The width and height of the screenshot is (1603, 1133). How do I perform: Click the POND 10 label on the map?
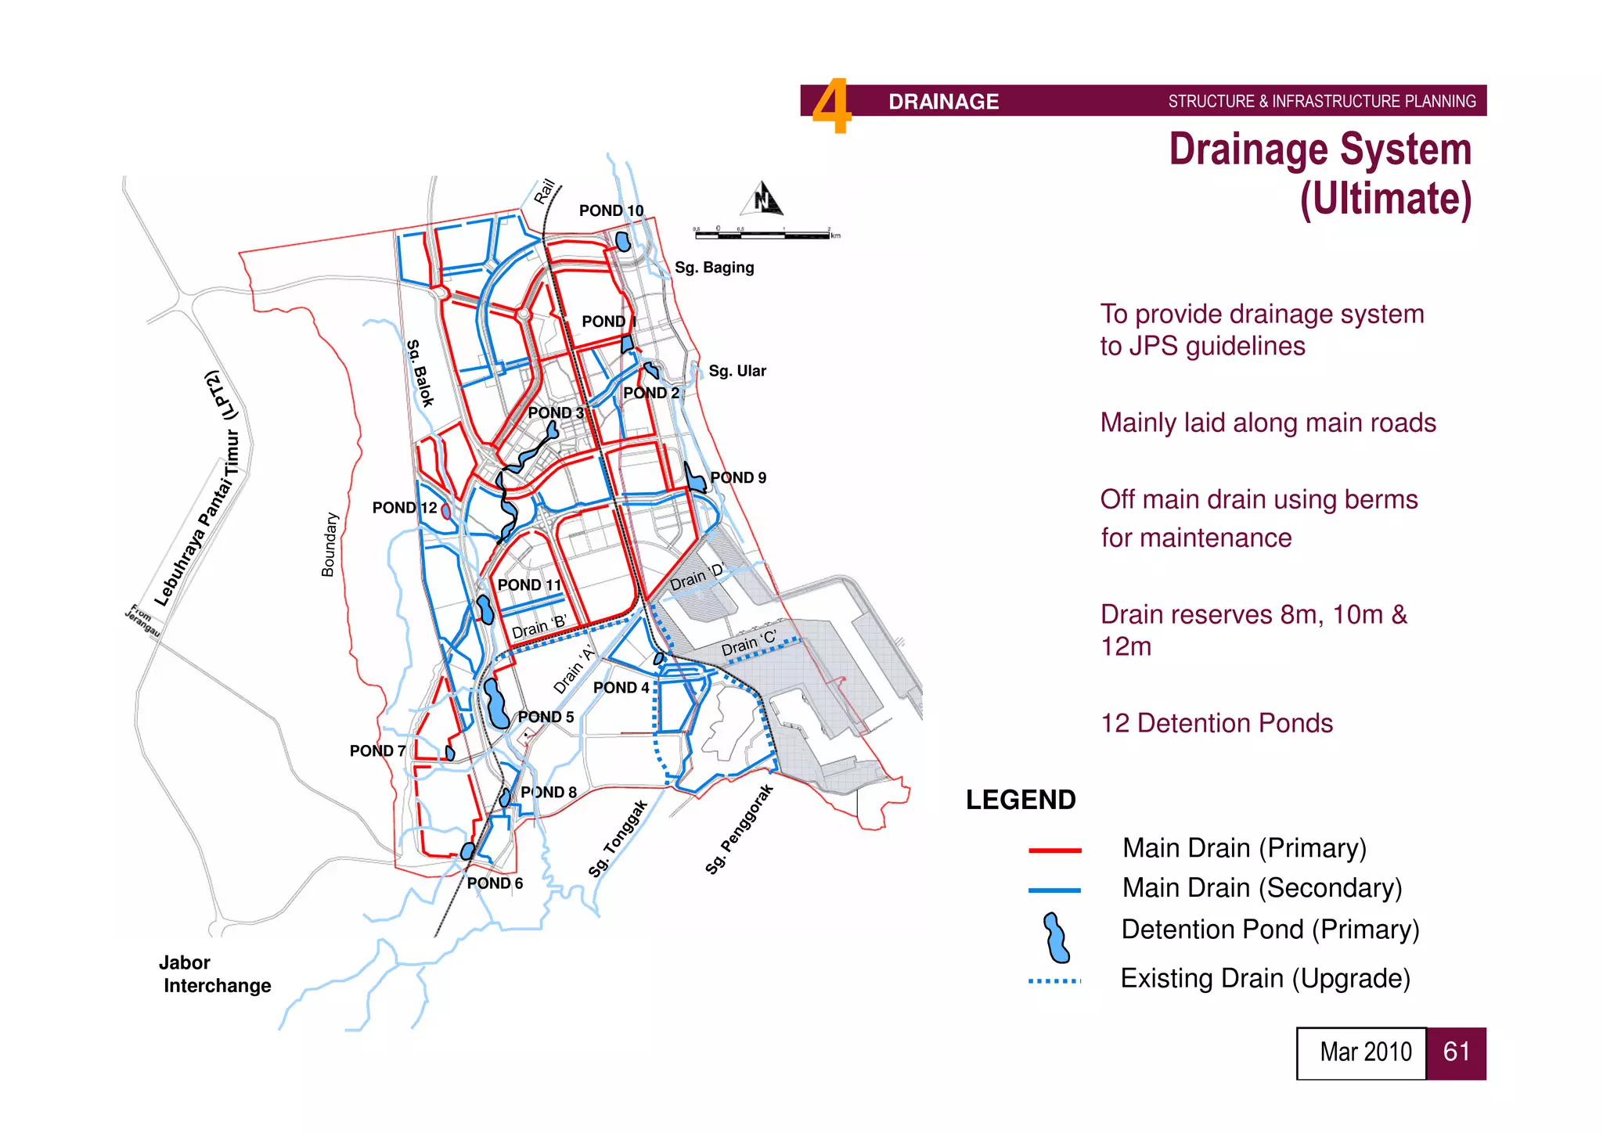[611, 210]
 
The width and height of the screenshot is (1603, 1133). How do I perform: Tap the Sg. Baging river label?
[714, 268]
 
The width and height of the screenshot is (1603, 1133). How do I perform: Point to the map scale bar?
[766, 233]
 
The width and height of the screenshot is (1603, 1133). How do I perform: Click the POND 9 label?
[737, 477]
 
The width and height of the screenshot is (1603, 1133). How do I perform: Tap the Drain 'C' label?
[748, 643]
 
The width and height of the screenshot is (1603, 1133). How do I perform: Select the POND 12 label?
[404, 508]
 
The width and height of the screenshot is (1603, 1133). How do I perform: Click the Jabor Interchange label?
[214, 974]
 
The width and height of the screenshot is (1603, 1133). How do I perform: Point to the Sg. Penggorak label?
[739, 829]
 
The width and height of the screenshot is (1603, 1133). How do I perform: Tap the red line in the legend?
[1054, 850]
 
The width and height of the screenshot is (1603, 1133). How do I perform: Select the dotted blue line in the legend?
[1054, 980]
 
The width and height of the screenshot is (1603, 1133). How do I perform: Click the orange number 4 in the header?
[830, 106]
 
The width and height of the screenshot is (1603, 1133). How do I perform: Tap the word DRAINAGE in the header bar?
[943, 102]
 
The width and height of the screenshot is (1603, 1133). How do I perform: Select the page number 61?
[1456, 1052]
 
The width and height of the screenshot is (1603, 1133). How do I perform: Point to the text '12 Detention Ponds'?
[1216, 723]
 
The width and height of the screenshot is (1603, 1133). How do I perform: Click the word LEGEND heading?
[1020, 800]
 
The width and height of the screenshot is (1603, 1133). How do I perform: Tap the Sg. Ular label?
[737, 371]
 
